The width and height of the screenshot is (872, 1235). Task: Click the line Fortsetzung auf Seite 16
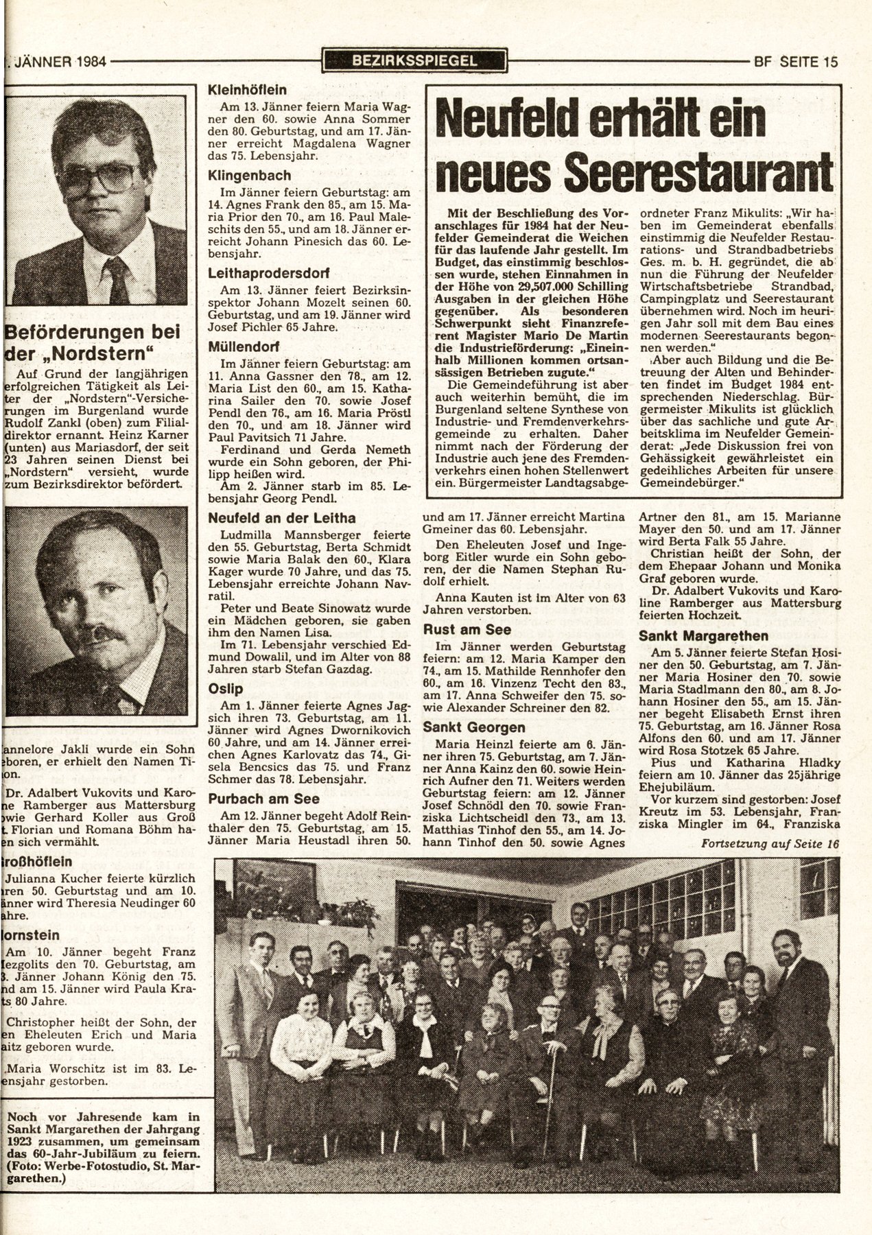click(x=769, y=844)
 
